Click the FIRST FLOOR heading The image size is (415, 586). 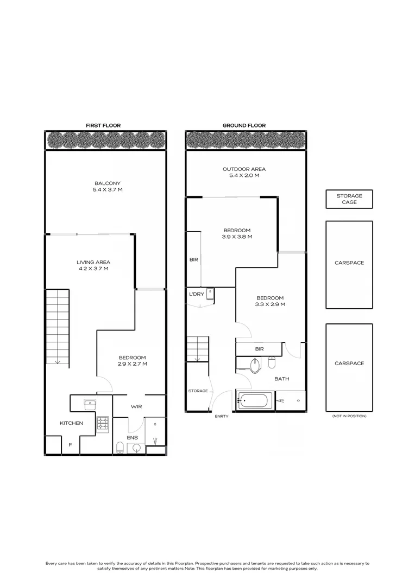103,125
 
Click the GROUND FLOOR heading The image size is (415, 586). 244,125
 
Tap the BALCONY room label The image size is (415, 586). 108,183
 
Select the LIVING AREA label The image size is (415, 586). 93,263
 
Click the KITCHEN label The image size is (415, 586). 72,423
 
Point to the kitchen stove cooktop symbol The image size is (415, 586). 103,424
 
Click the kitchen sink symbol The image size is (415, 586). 90,404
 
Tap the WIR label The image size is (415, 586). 136,406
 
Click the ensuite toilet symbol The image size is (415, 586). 120,447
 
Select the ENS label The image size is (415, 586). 133,438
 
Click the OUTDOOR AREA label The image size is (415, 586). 244,169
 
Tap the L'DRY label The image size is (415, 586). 197,294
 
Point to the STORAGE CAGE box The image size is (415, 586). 349,199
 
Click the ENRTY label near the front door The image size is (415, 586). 222,416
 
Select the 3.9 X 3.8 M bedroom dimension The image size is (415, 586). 237,237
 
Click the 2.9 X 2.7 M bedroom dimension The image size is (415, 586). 132,364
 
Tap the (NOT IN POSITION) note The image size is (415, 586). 349,416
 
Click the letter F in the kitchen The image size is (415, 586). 70,445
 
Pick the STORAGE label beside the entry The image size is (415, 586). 198,391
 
